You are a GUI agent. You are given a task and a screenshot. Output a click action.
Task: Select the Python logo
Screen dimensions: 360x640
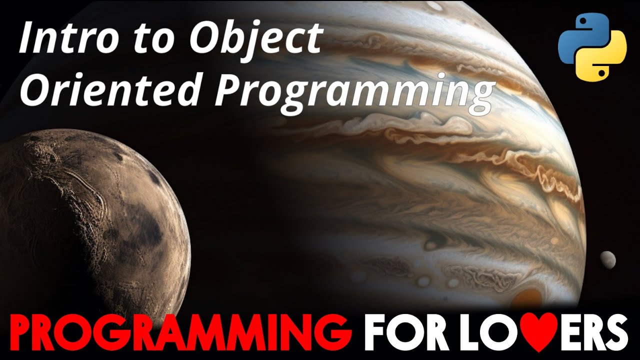pos(592,47)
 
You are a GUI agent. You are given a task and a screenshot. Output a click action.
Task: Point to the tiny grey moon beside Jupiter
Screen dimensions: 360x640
pos(608,258)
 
